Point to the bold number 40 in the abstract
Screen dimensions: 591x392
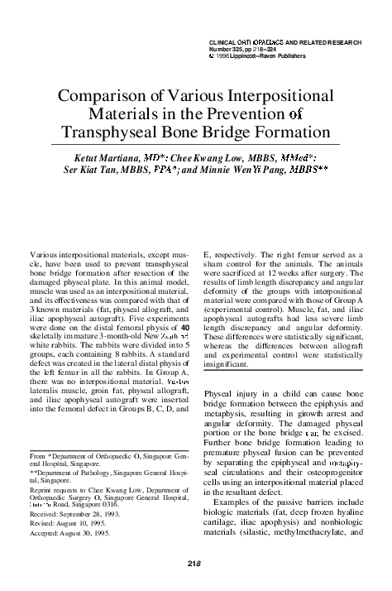185,305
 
